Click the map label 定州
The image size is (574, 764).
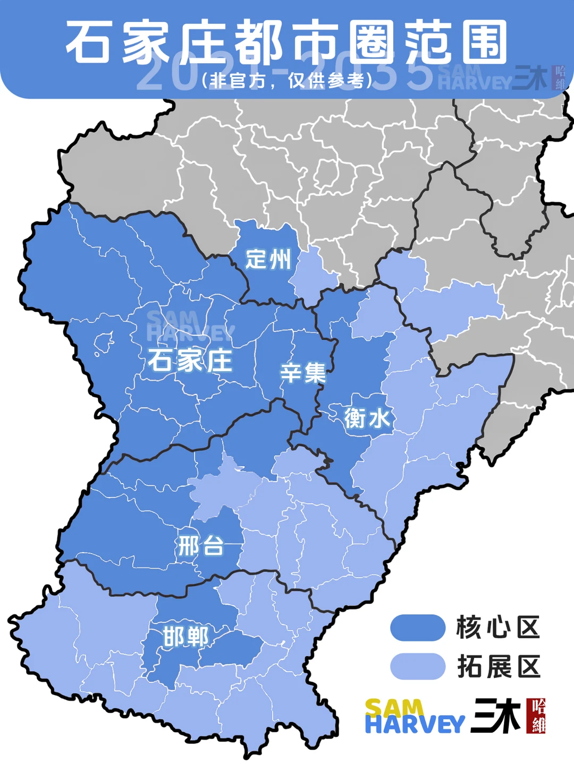pos(268,260)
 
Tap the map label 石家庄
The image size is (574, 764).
pos(190,361)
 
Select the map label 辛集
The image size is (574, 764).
pos(303,373)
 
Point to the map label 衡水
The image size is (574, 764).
pos(367,418)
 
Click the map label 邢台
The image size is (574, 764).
pos(201,546)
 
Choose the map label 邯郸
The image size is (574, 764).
pos(186,637)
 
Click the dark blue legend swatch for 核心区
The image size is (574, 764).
pos(418,628)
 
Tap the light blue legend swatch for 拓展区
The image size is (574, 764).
pos(418,666)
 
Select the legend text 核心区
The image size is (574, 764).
pos(498,628)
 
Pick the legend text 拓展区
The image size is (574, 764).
pos(499,667)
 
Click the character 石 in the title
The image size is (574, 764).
pos(88,42)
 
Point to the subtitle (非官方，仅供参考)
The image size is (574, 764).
pos(287,81)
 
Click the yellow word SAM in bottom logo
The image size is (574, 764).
pos(394,708)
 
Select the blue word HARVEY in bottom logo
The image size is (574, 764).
pos(415,725)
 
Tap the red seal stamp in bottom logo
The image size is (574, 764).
pos(536,716)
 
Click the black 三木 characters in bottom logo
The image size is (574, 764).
pos(496,716)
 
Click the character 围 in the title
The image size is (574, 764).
pos(484,42)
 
